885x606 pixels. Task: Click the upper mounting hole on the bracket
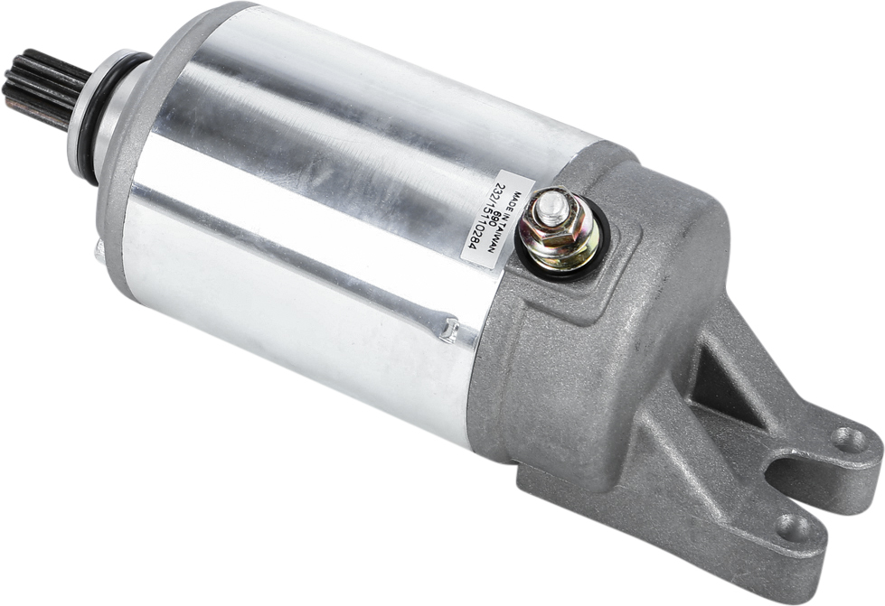click(x=847, y=440)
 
